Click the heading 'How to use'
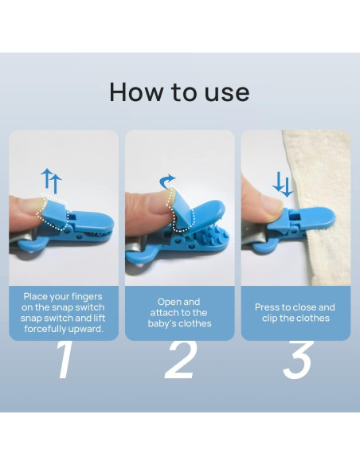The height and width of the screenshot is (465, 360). tap(179, 92)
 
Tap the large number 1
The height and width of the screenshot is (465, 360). tap(64, 361)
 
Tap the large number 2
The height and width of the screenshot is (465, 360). tap(180, 361)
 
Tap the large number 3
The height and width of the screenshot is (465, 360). tap(296, 361)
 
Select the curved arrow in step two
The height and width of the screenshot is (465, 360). tap(168, 182)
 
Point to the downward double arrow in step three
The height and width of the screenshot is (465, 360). tap(282, 185)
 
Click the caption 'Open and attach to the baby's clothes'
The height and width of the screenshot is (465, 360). tap(180, 313)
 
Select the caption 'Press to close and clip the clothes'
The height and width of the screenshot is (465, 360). tap(295, 313)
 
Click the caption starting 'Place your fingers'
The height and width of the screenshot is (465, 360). tap(64, 313)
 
